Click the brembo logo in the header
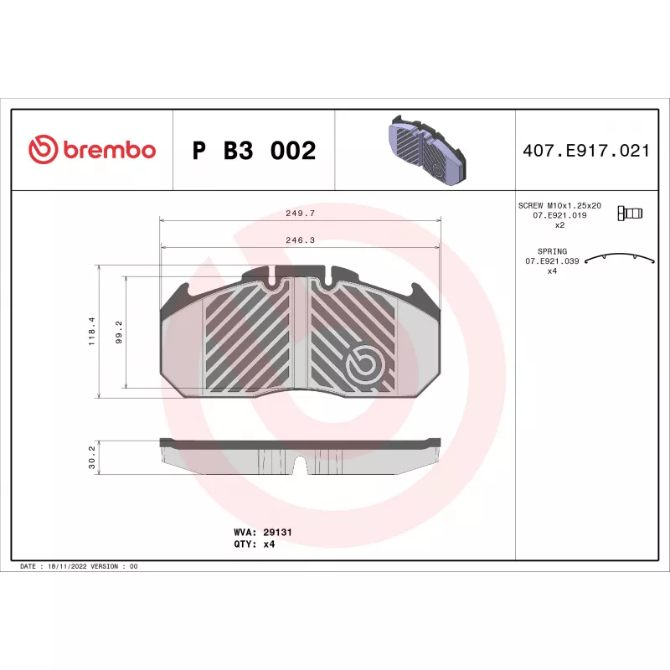point(92,150)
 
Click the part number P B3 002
point(254,151)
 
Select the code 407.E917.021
point(585,151)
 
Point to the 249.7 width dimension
point(301,213)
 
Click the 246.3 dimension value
point(301,240)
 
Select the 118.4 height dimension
point(92,331)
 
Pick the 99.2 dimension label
point(119,332)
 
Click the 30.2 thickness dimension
point(92,457)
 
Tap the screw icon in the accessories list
point(630,213)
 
